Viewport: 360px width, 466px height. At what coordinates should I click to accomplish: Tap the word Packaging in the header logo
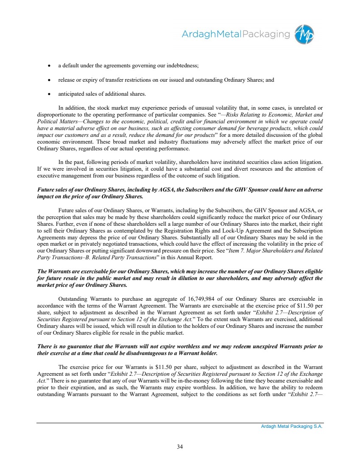(266, 34)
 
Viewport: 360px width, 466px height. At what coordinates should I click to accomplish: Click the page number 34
(180, 446)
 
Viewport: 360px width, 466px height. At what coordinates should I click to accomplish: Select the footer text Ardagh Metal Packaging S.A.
(292, 427)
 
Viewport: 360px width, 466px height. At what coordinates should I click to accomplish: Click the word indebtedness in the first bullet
(183, 66)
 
